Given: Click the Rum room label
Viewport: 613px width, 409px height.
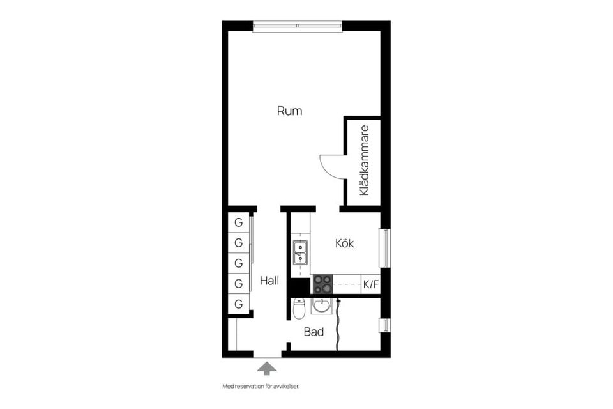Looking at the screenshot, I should [x=289, y=111].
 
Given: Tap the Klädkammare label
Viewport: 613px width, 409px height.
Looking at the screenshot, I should [x=364, y=160].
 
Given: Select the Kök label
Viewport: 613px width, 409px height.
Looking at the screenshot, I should [x=345, y=243].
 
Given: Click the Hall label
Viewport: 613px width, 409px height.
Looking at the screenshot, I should [x=269, y=281].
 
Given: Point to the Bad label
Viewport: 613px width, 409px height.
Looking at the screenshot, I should [x=314, y=332].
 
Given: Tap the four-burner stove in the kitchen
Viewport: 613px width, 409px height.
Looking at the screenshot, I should [x=322, y=284].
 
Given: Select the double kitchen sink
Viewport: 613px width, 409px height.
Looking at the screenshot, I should [x=300, y=252].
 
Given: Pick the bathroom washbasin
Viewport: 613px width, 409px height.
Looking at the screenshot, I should [x=322, y=306].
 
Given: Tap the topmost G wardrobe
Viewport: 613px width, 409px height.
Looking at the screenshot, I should [x=238, y=223].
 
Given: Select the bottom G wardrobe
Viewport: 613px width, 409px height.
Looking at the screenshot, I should [x=238, y=304].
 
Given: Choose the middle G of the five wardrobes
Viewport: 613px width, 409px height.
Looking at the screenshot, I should [x=238, y=263].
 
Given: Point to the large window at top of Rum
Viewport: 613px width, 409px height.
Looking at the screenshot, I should [x=298, y=26].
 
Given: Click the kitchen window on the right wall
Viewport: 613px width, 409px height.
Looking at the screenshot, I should [x=384, y=247].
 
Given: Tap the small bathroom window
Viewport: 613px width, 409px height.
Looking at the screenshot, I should [x=384, y=325].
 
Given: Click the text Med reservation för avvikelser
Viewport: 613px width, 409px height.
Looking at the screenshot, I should [x=261, y=387].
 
